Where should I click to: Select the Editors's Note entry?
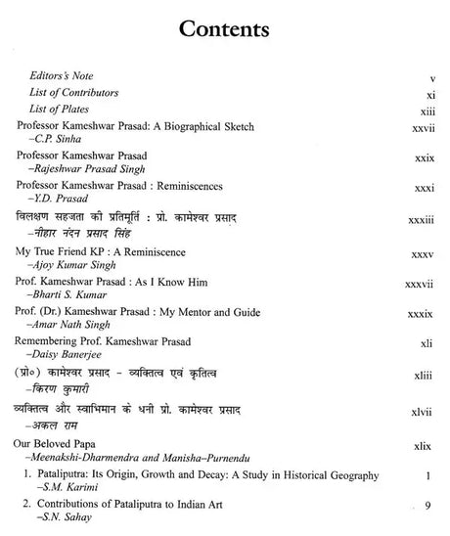coord(61,74)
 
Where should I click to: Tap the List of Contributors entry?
coord(78,92)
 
